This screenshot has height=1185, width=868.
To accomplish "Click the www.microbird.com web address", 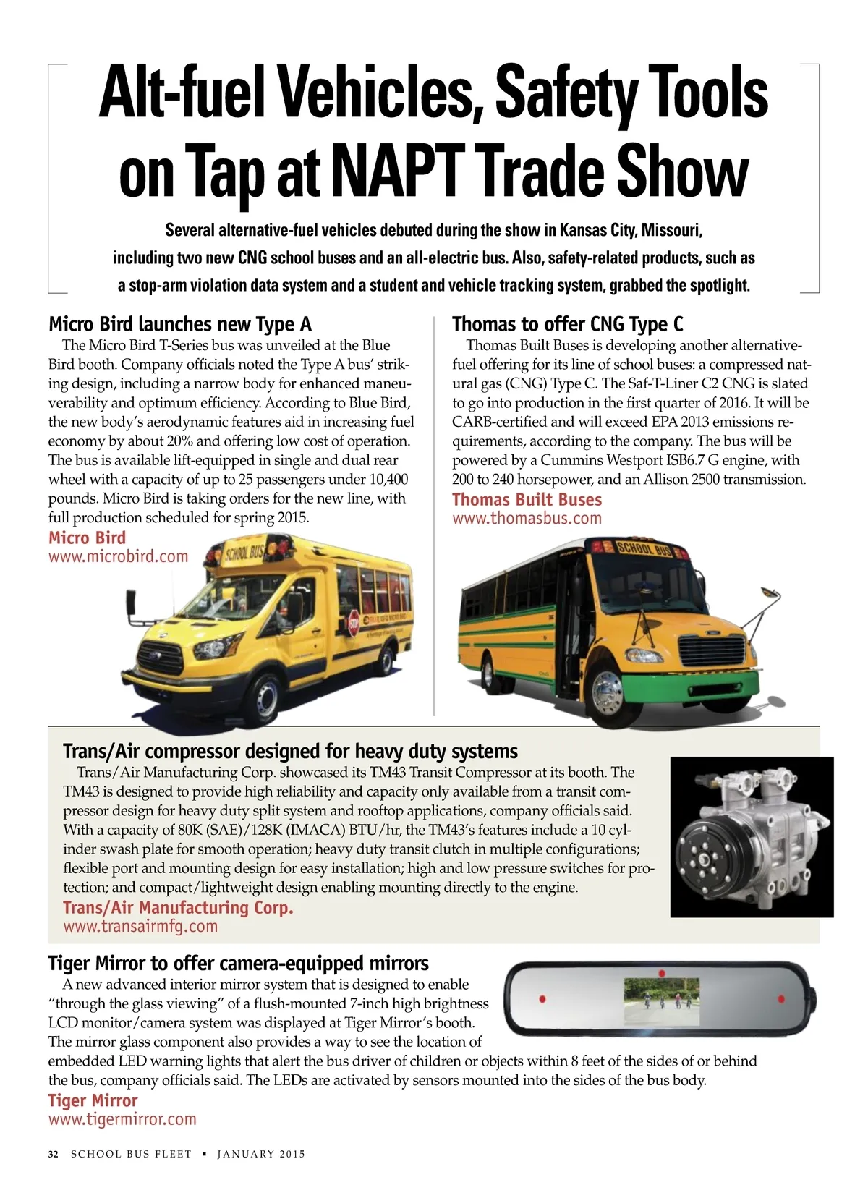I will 118,556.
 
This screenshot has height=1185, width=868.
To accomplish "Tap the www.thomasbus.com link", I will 527,518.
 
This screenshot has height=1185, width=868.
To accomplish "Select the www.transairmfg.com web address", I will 140,926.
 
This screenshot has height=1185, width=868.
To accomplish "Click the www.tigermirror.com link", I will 122,1119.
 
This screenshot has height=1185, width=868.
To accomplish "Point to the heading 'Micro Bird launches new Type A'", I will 180,323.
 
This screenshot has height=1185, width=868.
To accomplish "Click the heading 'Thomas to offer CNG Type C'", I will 567,323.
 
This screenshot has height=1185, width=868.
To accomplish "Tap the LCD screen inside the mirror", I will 661,1002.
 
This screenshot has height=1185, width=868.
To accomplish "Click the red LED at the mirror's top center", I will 661,973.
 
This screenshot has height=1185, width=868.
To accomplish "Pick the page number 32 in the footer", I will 53,1154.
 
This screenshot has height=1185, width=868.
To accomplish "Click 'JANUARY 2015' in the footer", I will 261,1154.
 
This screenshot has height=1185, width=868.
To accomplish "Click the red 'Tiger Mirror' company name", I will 93,1100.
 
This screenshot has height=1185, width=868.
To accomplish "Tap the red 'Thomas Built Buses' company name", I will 527,499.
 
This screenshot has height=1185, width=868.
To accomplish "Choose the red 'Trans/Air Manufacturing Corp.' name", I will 178,907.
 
